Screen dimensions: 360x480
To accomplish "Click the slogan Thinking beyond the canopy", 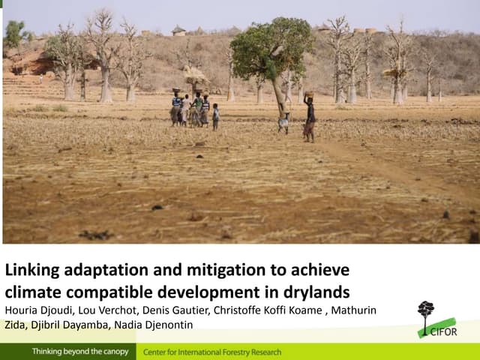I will coord(79,352).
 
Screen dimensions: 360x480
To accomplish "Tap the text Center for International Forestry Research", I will coord(212,352).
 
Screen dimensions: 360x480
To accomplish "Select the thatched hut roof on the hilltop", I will coord(178,30).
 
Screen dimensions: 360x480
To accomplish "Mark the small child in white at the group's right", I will coord(216,115).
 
